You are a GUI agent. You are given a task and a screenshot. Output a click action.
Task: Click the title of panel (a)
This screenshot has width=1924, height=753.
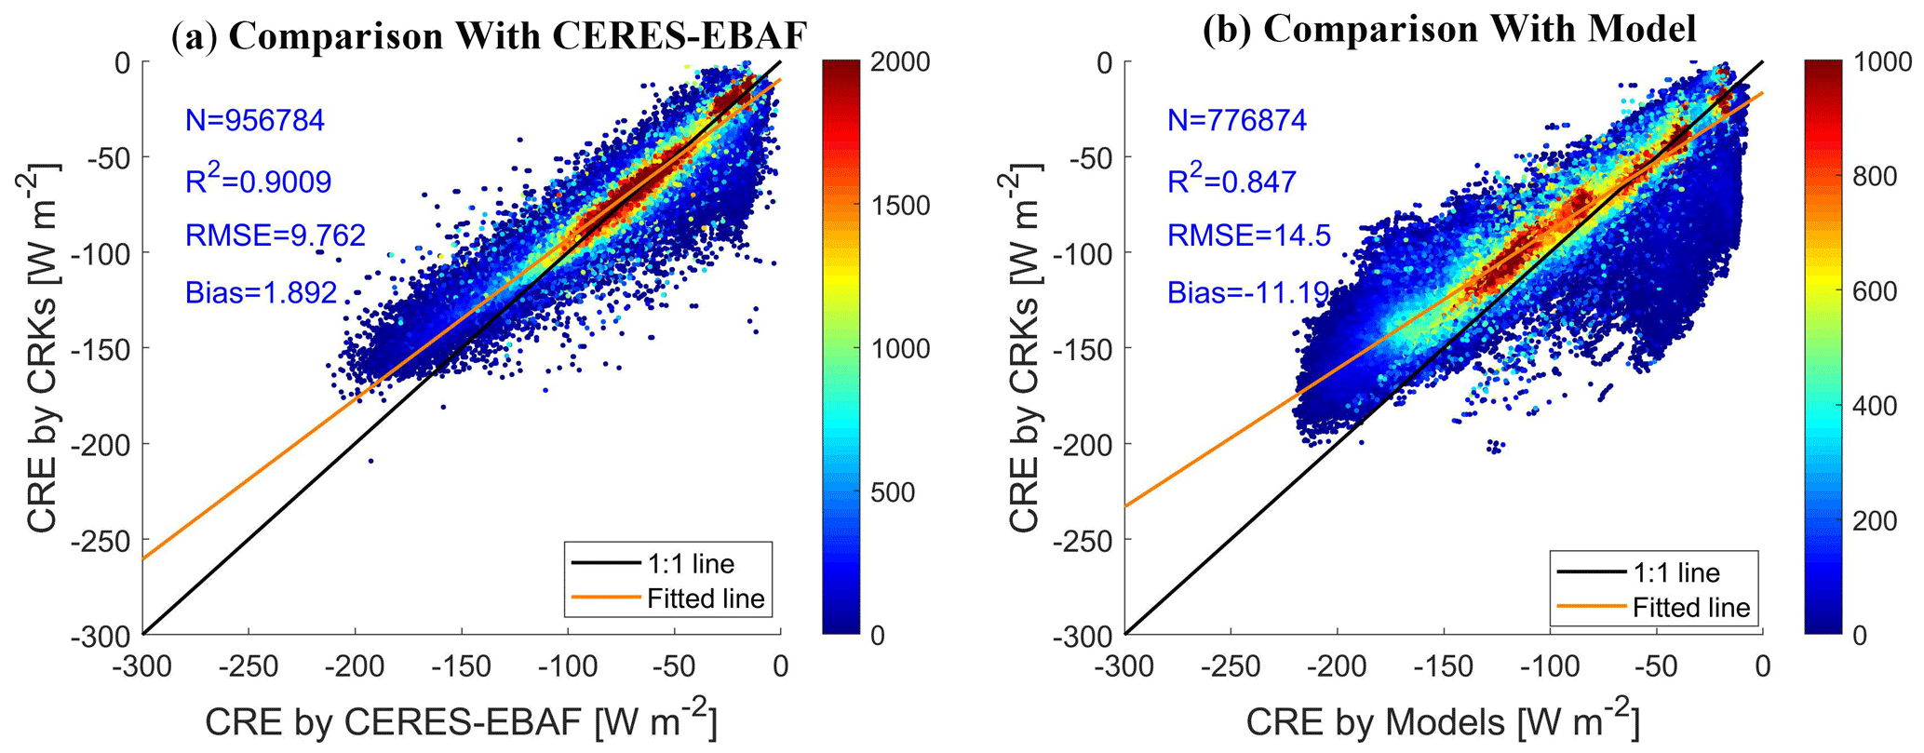pos(489,34)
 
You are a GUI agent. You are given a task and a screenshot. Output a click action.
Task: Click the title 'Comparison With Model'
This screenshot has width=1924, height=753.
pos(1449,28)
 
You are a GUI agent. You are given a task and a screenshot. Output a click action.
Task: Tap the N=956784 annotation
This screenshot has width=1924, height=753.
pos(255,120)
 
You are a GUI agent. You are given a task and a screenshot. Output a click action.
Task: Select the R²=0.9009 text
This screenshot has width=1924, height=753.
pos(258,180)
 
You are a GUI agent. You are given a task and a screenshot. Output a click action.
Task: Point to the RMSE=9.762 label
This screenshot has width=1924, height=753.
pos(276,235)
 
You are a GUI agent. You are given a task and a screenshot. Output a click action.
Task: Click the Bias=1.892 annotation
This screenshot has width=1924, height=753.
pos(261,292)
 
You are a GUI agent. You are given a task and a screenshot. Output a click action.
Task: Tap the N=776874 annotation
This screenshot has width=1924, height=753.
pos(1237,120)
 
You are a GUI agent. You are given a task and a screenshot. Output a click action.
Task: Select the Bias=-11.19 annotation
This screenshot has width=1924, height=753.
pos(1248,292)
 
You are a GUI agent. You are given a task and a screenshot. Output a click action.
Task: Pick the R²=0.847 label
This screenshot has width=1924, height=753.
pos(1231,180)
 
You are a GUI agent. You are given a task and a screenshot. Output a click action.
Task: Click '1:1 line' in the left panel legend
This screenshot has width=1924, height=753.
pos(691,563)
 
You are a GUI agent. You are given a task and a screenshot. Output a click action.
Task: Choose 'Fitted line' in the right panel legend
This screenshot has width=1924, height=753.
pos(1691,607)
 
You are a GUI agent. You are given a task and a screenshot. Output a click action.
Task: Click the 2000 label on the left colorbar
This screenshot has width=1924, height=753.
pos(900,61)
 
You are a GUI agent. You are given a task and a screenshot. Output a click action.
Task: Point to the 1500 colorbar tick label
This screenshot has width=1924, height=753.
pos(900,205)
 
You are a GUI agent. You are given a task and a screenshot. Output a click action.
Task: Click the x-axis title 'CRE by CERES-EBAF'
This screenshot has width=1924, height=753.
pos(462,723)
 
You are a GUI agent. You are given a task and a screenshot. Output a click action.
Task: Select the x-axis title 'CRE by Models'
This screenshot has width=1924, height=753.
pos(1442,723)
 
